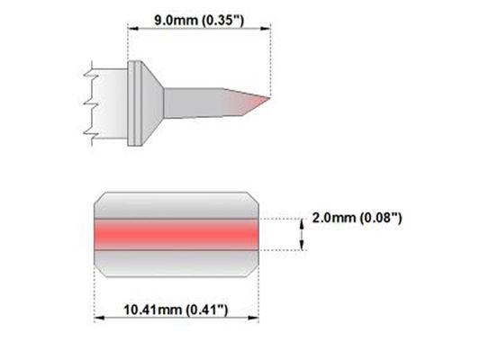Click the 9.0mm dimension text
[x=176, y=20]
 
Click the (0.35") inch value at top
[x=223, y=21]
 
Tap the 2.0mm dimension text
[x=334, y=218]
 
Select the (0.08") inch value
[x=381, y=218]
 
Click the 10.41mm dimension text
[x=152, y=310]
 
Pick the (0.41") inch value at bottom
[x=207, y=310]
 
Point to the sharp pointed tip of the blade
[x=269, y=98]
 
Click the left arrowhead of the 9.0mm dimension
[x=133, y=29]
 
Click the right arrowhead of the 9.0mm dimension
[x=265, y=29]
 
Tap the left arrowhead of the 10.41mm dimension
[x=99, y=318]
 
